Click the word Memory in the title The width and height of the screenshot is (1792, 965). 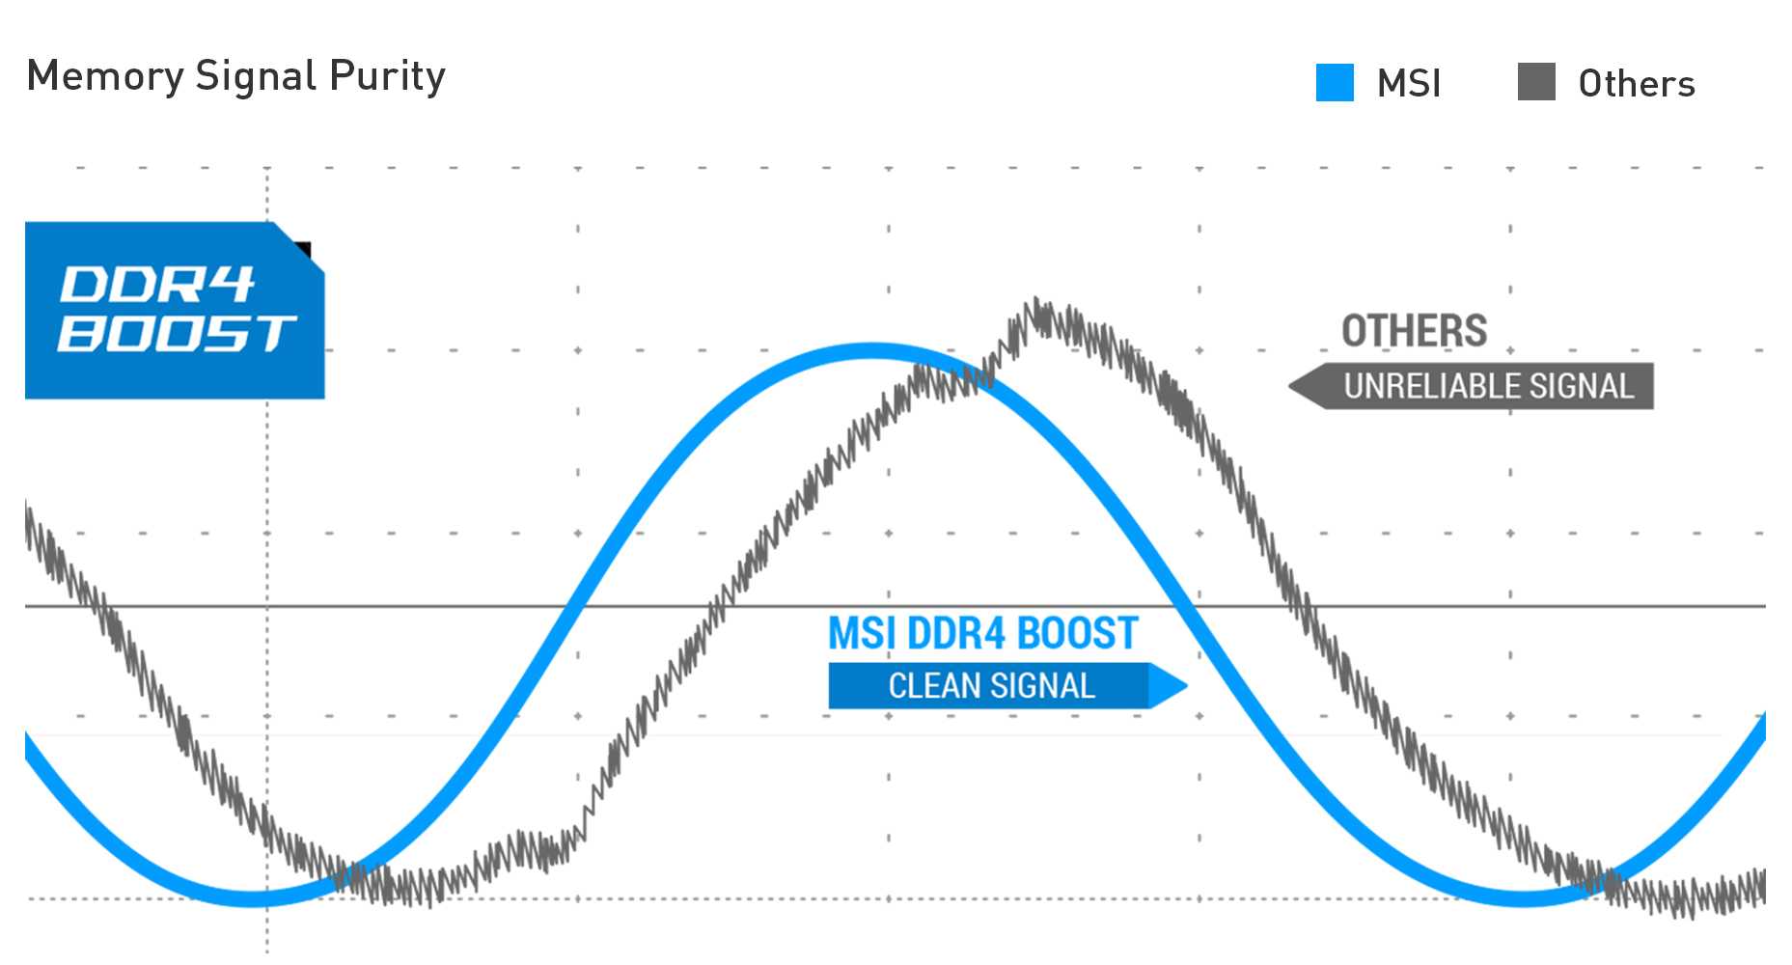[x=104, y=76]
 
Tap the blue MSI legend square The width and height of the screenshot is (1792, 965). [x=1335, y=83]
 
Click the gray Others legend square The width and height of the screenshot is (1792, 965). [x=1536, y=82]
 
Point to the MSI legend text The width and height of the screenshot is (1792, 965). [x=1409, y=84]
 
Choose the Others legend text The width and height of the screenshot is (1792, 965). [x=1637, y=84]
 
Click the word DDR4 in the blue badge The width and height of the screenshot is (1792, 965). [x=157, y=285]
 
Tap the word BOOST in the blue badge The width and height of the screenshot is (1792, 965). [x=176, y=334]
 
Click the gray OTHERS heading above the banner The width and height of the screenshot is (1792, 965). [x=1414, y=331]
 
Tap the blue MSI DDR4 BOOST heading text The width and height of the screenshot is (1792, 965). [x=983, y=633]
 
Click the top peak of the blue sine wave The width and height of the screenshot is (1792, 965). [x=873, y=350]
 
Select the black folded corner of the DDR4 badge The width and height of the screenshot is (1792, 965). [x=304, y=250]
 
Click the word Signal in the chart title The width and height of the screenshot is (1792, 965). [x=256, y=76]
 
